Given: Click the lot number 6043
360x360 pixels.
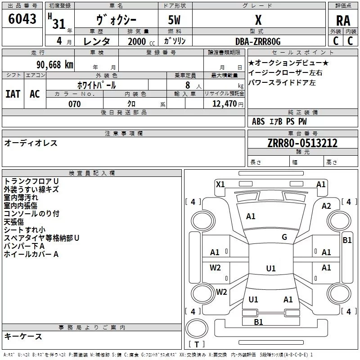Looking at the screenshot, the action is (x=22, y=18).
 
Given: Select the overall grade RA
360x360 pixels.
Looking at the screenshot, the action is (x=343, y=21).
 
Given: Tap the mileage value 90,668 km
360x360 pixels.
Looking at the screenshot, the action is (x=55, y=65).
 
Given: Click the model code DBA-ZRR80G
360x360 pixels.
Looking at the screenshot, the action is (x=258, y=41).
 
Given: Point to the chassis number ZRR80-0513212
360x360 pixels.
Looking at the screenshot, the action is (x=302, y=143).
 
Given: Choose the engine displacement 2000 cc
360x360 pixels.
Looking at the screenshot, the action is (x=141, y=41).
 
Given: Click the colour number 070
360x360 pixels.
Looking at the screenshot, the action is (x=75, y=104).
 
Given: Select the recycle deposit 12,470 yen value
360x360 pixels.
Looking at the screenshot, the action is (x=228, y=104).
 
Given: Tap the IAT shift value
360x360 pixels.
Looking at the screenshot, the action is (x=13, y=94).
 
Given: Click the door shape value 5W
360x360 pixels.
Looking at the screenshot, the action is (x=174, y=20).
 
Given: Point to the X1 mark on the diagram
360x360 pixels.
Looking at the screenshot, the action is (x=220, y=184).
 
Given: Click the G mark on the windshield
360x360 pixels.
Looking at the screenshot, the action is (x=284, y=237).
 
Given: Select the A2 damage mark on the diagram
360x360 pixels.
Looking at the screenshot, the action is (x=326, y=206).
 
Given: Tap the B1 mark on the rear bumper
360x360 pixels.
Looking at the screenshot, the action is (x=258, y=322).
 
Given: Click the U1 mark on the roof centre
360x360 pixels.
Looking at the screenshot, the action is (x=271, y=268).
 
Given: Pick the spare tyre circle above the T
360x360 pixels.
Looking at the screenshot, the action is (x=197, y=328).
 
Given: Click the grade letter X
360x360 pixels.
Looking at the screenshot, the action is (x=258, y=20).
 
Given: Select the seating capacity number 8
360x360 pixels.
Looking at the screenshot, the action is (x=188, y=85).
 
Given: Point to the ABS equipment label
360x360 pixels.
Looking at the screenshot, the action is (x=258, y=121).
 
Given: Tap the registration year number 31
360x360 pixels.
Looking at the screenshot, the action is (x=59, y=24).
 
